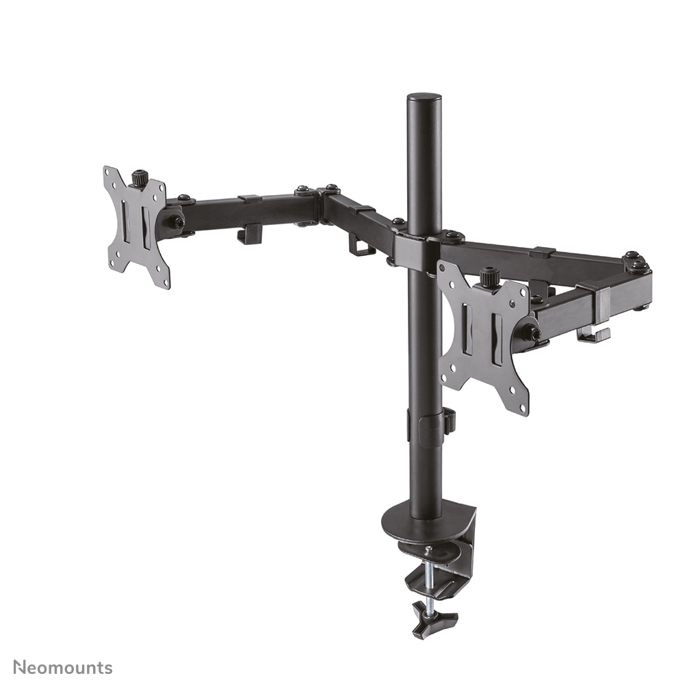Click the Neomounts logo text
62,667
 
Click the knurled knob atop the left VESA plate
140,178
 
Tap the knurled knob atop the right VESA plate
489,277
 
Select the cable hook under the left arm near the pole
361,244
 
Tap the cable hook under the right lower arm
592,335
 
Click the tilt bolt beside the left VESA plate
176,222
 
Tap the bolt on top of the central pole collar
452,236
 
